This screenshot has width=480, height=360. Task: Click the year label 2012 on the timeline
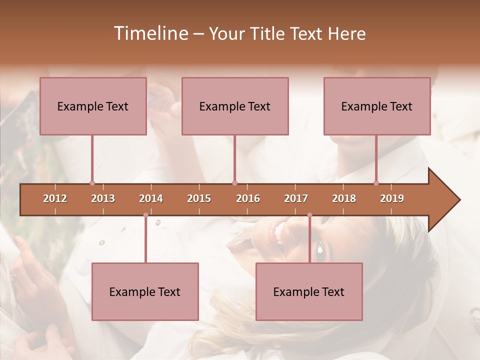click(x=55, y=198)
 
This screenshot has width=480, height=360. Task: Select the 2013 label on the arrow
click(x=103, y=198)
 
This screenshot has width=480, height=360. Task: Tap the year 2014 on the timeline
click(x=151, y=198)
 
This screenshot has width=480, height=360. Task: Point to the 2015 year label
click(x=199, y=198)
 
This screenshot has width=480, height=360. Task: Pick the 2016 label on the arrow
click(x=248, y=198)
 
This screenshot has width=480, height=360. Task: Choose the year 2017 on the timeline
click(x=296, y=198)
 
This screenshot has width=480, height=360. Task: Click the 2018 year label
click(x=344, y=198)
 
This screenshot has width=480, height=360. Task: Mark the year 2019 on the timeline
click(x=392, y=198)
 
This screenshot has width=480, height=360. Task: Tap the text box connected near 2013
click(x=93, y=106)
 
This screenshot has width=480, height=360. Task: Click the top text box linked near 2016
click(x=235, y=106)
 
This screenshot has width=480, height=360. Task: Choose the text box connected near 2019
click(x=377, y=106)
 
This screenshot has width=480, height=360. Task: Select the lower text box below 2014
click(x=145, y=291)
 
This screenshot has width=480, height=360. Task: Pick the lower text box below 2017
click(x=309, y=291)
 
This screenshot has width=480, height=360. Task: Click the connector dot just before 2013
click(x=92, y=183)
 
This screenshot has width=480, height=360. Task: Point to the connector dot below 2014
click(x=145, y=215)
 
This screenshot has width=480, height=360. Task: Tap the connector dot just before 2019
click(x=376, y=183)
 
